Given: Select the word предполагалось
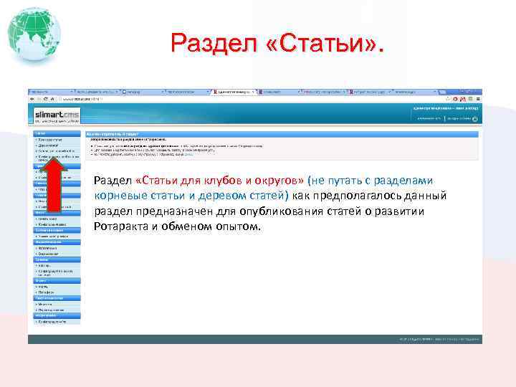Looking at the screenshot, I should (x=348, y=196).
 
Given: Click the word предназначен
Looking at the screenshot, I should (x=166, y=211).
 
